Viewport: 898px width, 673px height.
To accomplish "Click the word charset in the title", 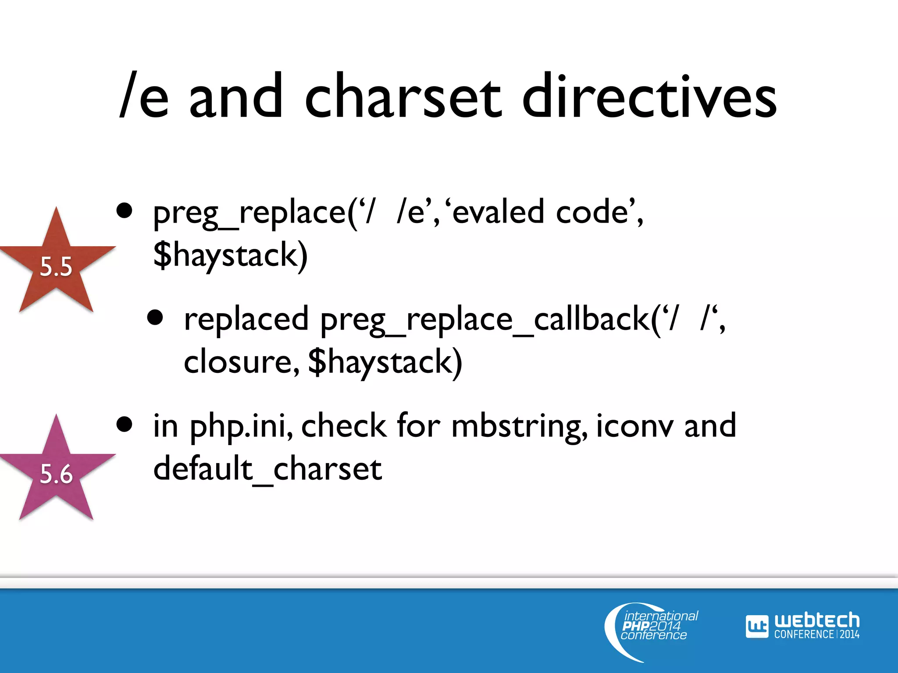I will click(403, 97).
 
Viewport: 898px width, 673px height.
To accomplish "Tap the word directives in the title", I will click(650, 97).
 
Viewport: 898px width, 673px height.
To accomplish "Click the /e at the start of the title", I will click(144, 97).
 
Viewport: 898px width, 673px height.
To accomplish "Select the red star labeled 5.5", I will click(56, 263).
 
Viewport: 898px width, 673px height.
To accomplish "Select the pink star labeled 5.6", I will click(56, 471).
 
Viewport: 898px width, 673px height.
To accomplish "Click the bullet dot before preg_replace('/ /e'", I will click(125, 211).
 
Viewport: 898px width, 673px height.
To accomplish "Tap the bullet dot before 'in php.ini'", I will click(125, 424).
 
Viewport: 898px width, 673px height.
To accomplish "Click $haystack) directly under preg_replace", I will click(230, 255).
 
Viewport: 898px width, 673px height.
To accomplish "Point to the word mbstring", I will click(517, 426).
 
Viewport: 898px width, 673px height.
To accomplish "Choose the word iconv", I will click(634, 426).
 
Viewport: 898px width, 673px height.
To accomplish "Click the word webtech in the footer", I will click(816, 620).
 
